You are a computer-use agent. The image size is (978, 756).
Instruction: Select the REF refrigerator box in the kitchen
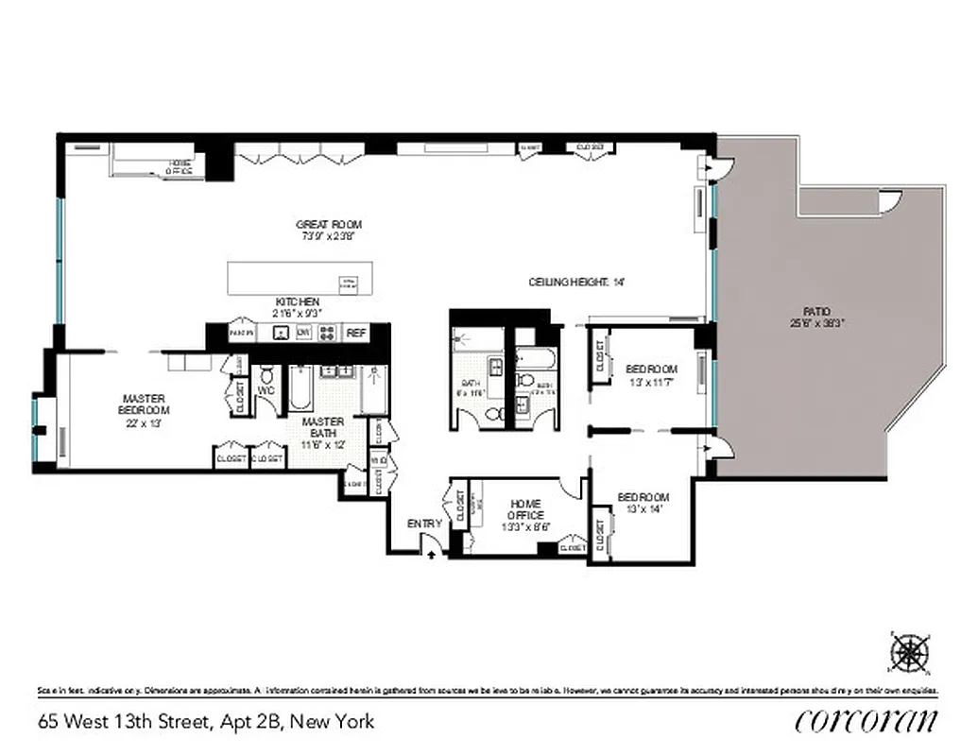coord(356,333)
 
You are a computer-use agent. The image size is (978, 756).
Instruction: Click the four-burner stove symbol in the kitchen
coord(328,333)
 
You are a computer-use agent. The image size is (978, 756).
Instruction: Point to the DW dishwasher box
coord(303,333)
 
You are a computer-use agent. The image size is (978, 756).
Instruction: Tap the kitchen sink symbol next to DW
coord(281,333)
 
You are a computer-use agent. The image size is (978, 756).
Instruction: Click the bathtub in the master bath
coord(300,387)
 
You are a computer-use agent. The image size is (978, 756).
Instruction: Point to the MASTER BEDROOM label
coord(145,404)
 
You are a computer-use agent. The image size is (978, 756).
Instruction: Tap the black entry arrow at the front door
coord(432,555)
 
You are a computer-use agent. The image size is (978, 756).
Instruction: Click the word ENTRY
coord(425,524)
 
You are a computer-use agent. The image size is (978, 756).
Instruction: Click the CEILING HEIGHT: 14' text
coord(576,282)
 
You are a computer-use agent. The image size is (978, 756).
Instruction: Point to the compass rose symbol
coord(910,651)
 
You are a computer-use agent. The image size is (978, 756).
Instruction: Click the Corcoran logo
coord(866,720)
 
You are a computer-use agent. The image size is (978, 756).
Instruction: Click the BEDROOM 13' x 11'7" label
coord(651,374)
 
